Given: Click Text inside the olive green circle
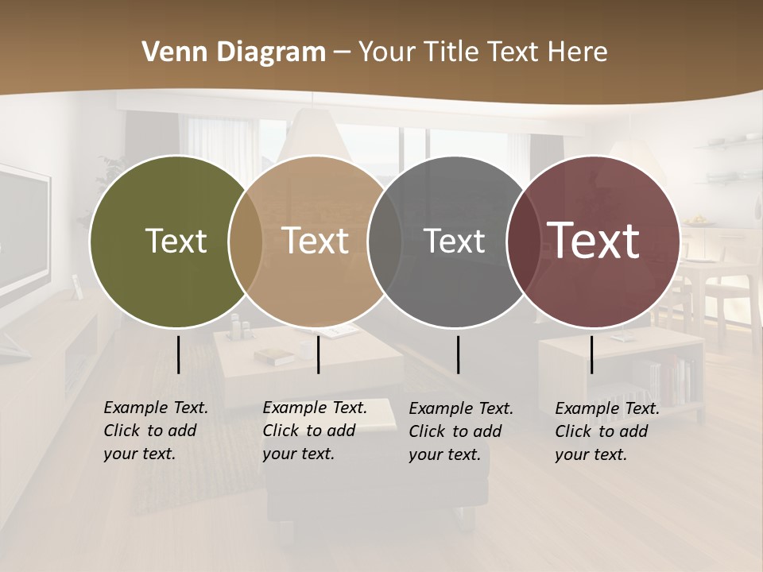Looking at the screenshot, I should pyautogui.click(x=176, y=241).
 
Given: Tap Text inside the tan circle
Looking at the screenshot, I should pyautogui.click(x=316, y=241).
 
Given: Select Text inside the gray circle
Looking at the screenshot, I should pyautogui.click(x=455, y=241).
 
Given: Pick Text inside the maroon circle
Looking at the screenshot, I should pyautogui.click(x=594, y=241).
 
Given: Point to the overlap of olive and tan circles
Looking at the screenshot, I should pyautogui.click(x=246, y=242).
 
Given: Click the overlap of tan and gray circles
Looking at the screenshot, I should pyautogui.click(x=385, y=242).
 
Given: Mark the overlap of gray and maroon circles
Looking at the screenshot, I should pyautogui.click(x=522, y=242).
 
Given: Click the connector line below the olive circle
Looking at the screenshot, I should pyautogui.click(x=179, y=354).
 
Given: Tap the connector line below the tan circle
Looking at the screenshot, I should pyautogui.click(x=318, y=354).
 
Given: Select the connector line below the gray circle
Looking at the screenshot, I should pyautogui.click(x=458, y=354).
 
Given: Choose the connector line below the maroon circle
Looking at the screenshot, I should pyautogui.click(x=591, y=354).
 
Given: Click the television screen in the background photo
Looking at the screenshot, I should pyautogui.click(x=22, y=230).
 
